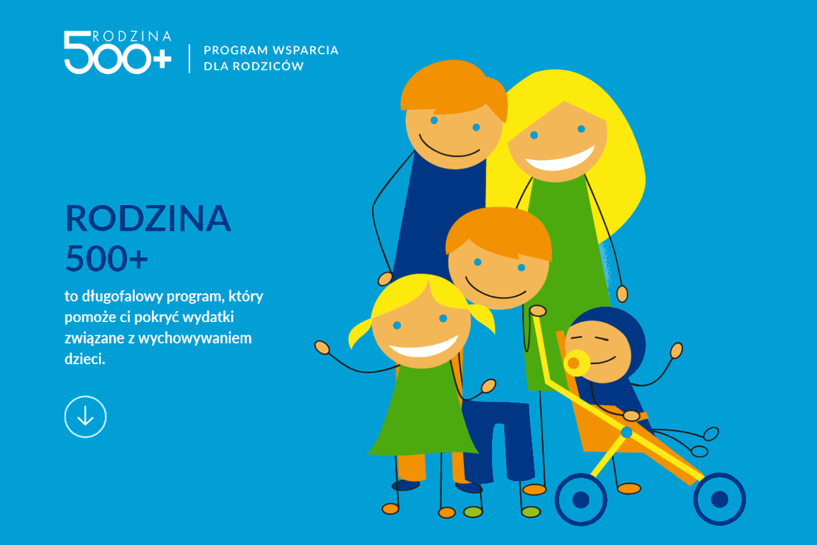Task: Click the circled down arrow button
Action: pos(86,417)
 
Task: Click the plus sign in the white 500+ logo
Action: pos(161,58)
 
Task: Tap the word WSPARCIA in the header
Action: pos(306,50)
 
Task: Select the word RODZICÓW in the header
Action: pos(268,66)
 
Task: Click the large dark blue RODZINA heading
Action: pos(148,219)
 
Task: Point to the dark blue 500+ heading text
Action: pos(107,259)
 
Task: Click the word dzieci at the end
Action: pos(84,359)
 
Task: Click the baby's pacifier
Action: pos(575,363)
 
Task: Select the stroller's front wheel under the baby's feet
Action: pos(719,499)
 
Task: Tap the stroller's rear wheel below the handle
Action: pos(581,500)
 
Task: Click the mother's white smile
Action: pos(560,160)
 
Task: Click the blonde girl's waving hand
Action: pos(322,348)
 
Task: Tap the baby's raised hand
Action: pos(676,350)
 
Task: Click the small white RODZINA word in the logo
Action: pos(132,36)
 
